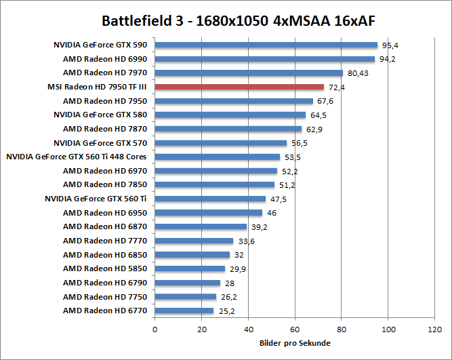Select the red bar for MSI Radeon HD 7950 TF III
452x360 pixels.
click(x=239, y=87)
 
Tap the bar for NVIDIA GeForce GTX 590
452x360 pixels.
click(x=266, y=45)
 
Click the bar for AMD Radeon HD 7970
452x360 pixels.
click(x=249, y=73)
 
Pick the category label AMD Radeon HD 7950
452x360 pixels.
click(x=105, y=101)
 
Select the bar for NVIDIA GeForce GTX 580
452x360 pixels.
click(x=230, y=115)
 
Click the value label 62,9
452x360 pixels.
click(x=314, y=129)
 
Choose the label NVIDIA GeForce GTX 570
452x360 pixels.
click(x=100, y=143)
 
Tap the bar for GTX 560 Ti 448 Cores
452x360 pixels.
click(x=217, y=157)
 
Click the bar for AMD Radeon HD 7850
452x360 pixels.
click(x=215, y=184)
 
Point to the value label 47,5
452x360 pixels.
click(x=278, y=199)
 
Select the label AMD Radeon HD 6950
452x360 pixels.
click(x=105, y=213)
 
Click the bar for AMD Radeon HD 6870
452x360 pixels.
click(x=201, y=226)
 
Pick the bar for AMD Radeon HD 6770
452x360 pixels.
click(x=184, y=311)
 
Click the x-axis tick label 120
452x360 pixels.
click(x=434, y=329)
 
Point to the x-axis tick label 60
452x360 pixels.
click(x=295, y=329)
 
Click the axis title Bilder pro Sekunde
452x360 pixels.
click(x=295, y=343)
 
